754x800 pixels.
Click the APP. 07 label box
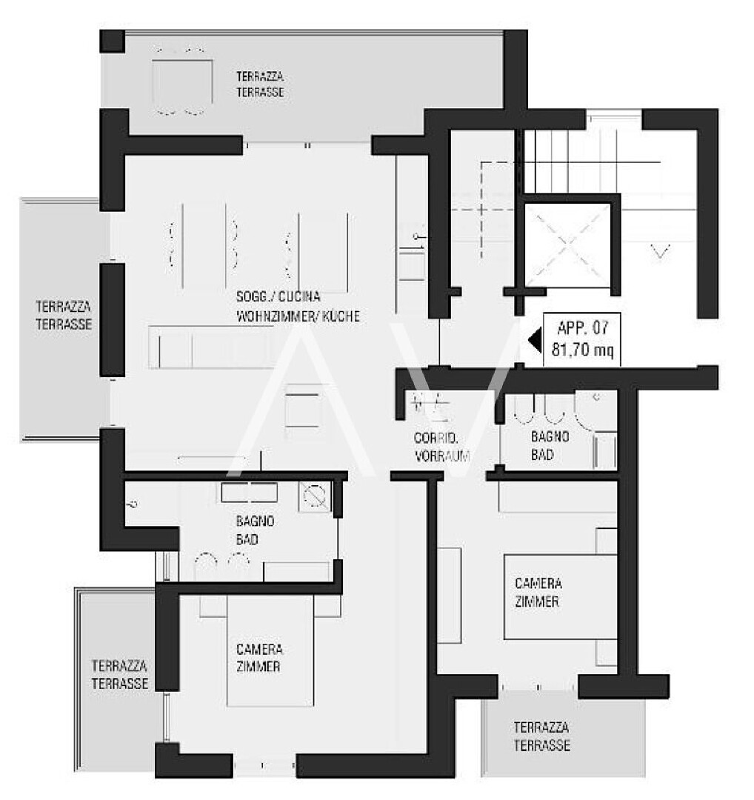581,339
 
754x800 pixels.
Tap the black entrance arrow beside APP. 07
536,340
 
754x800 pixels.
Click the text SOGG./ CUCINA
278,296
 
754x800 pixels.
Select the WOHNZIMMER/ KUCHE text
298,316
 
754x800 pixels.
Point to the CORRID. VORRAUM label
441,447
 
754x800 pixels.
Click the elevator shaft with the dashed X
567,244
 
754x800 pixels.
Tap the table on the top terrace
182,81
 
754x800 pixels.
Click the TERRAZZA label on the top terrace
260,77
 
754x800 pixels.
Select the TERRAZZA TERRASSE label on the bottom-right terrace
541,736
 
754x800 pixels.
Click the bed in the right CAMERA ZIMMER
560,597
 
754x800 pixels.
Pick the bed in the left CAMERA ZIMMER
270,650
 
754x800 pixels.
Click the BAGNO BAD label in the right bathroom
550,445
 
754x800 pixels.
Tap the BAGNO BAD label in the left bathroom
255,530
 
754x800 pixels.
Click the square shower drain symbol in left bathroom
314,496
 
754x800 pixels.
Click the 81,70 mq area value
583,350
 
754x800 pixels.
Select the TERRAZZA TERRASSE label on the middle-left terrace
64,316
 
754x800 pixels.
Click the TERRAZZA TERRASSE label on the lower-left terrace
120,675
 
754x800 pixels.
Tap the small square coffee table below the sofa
303,406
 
